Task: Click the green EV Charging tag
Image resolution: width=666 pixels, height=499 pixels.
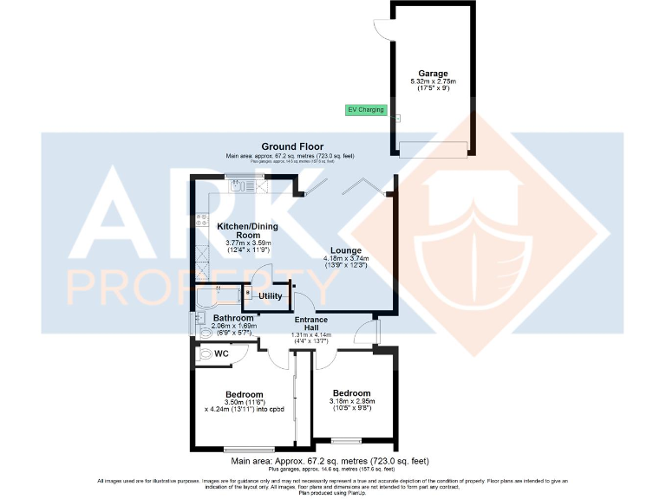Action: pyautogui.click(x=366, y=110)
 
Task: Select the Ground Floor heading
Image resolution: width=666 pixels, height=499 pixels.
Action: pyautogui.click(x=291, y=147)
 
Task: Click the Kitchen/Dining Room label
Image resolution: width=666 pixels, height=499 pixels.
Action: pyautogui.click(x=238, y=230)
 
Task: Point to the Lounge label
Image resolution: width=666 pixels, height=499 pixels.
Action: pyautogui.click(x=346, y=250)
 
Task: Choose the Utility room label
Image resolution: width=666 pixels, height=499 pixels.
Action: pyautogui.click(x=271, y=296)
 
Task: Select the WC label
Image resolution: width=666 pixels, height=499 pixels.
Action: pyautogui.click(x=221, y=353)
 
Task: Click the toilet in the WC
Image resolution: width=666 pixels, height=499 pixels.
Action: pyautogui.click(x=205, y=353)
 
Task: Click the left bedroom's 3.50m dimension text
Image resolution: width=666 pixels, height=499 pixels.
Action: pyautogui.click(x=244, y=402)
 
